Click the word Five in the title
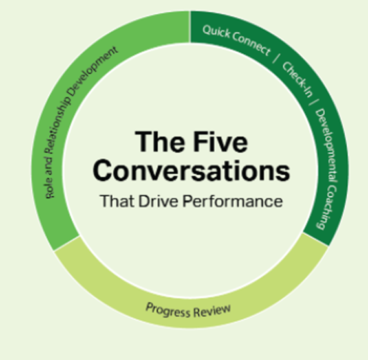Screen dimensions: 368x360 221,142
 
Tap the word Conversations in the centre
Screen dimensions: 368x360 191,170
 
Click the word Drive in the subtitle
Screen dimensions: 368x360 158,201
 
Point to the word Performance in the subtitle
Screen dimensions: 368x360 233,201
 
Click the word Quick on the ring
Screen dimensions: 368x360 216,32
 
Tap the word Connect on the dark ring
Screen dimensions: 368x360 252,44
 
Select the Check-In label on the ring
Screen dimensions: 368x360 298,80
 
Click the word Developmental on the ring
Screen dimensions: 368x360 327,145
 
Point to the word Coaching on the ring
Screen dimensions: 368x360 328,207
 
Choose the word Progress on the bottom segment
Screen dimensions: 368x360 168,310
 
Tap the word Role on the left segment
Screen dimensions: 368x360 50,189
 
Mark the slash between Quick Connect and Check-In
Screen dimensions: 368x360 276,58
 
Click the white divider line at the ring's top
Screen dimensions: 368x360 189,27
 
